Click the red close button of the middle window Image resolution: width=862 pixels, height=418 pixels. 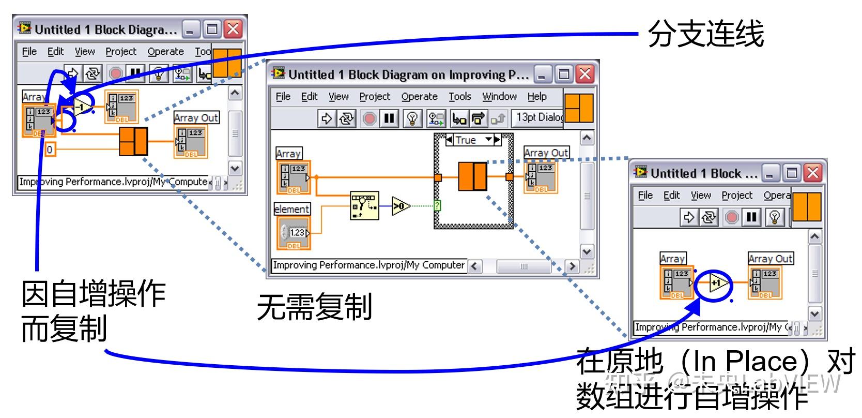point(585,74)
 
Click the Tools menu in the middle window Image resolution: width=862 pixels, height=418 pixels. point(459,97)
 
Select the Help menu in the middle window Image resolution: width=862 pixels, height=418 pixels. point(537,97)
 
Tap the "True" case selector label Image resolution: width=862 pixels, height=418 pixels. point(466,140)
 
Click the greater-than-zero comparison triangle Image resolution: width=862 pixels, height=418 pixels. point(400,206)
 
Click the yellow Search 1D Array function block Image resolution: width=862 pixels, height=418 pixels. point(364,206)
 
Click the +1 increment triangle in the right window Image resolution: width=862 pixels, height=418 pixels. point(718,283)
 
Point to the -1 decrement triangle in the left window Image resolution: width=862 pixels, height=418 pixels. point(83,106)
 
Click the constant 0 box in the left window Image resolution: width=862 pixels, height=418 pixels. point(50,150)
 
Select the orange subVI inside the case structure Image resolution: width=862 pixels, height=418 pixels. point(472,177)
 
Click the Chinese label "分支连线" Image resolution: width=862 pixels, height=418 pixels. point(705,35)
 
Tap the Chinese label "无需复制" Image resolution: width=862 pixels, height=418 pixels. point(314,306)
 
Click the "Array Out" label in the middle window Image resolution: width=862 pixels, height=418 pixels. point(546,153)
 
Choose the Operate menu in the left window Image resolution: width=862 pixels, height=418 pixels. point(165,52)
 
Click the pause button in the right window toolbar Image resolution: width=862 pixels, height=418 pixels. point(751,218)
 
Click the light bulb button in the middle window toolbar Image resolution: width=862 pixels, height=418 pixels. point(412,119)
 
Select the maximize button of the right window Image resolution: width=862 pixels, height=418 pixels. point(792,173)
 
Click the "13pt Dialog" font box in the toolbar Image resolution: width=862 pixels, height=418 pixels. point(538,118)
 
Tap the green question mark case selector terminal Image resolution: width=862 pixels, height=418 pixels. point(437,206)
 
